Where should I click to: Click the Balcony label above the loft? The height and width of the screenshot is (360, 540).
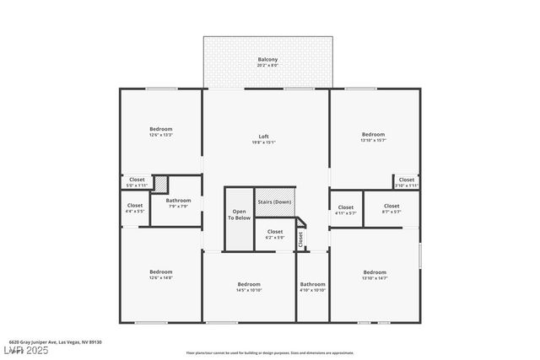[x=267, y=60]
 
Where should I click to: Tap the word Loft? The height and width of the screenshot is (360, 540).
[x=263, y=137]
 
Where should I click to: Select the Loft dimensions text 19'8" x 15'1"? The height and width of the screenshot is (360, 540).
[x=263, y=142]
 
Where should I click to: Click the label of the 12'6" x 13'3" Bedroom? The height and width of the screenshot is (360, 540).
[x=160, y=129]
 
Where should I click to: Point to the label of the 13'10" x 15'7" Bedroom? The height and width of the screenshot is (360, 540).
[x=373, y=134]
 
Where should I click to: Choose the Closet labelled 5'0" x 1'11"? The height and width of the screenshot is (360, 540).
[x=136, y=180]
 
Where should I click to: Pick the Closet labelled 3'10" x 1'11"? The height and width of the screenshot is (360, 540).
[x=406, y=180]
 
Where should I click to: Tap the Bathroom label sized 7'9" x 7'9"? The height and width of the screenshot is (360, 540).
[x=178, y=201]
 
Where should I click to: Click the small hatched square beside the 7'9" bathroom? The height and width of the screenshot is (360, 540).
[x=160, y=185]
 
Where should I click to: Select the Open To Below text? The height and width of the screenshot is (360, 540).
[x=240, y=214]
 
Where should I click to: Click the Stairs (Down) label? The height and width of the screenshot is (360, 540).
[x=274, y=202]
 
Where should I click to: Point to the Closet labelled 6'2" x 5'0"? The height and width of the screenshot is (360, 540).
[x=275, y=232]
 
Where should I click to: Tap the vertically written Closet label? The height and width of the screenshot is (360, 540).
[x=300, y=239]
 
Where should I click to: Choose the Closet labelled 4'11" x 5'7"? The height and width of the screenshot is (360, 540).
[x=346, y=207]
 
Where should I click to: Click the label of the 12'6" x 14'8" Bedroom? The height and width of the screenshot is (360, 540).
[x=160, y=271]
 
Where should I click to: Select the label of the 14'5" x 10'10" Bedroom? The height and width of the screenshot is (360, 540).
[x=249, y=284]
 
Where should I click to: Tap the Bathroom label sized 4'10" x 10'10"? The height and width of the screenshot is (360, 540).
[x=312, y=285]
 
